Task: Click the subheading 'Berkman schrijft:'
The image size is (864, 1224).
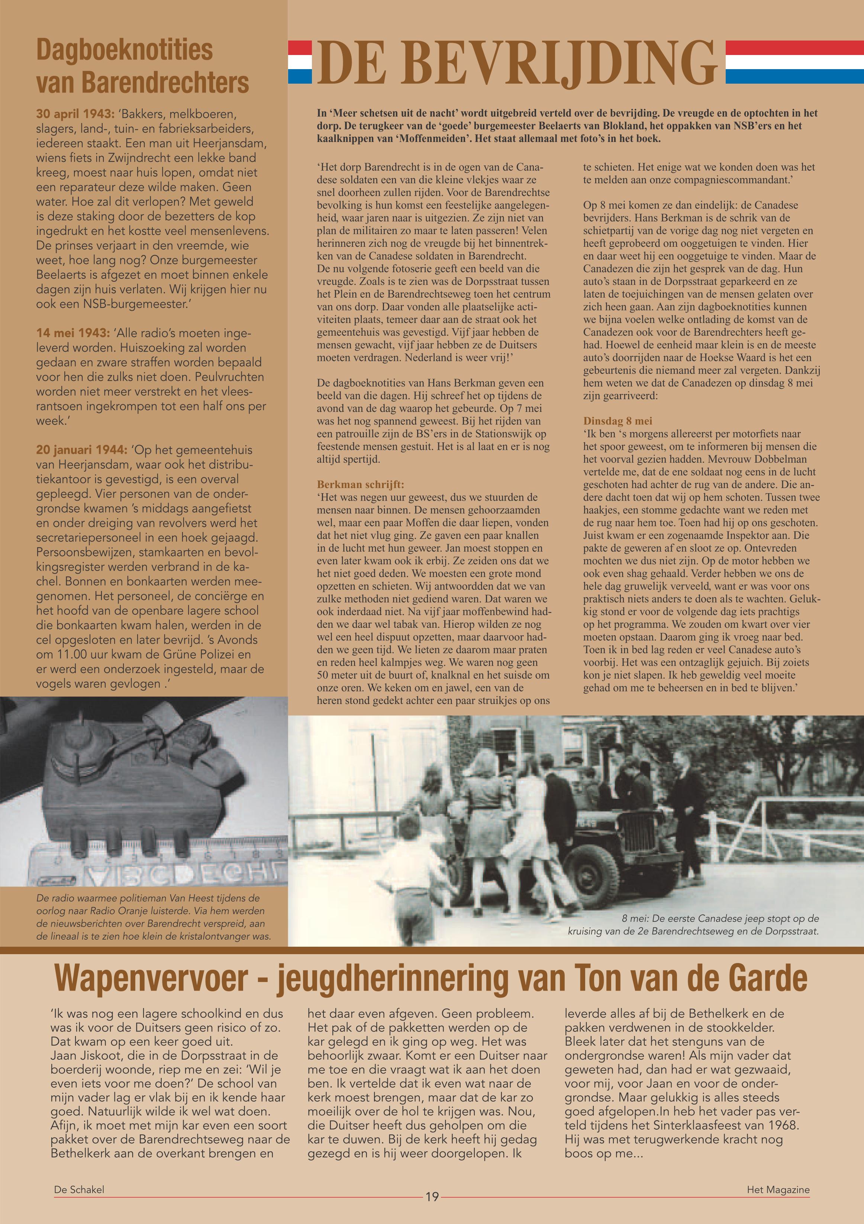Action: [361, 485]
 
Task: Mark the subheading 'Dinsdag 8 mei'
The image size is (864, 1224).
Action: [618, 421]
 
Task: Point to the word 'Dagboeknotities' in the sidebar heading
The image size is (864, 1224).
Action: [124, 51]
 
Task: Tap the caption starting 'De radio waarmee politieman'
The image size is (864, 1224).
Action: [154, 917]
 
